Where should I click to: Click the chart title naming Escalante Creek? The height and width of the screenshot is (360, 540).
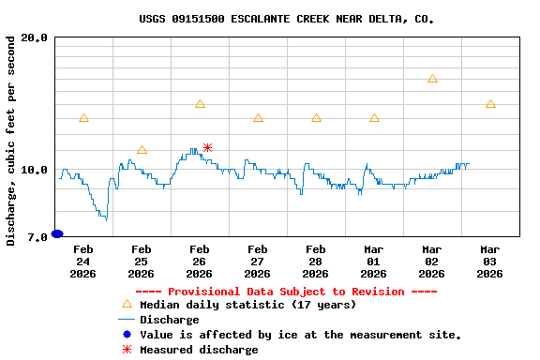[286, 19]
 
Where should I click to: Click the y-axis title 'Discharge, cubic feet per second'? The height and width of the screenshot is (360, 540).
[11, 142]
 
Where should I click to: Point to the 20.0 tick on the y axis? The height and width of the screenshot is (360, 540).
[35, 38]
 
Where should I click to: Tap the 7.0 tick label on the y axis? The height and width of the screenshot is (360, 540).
[37, 238]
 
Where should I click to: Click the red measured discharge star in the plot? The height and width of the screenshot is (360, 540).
[207, 147]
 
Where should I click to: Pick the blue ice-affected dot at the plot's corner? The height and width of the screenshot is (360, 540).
[57, 233]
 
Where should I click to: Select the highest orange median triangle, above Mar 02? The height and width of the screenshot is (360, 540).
[432, 79]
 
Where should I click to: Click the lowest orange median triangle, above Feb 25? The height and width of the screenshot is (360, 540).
[142, 150]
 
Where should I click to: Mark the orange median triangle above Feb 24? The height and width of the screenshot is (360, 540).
[83, 118]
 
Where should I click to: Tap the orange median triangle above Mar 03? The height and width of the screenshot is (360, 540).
[490, 104]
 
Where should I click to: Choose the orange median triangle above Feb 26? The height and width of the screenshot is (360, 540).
[200, 104]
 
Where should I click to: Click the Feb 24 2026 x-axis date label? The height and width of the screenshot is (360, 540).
[82, 262]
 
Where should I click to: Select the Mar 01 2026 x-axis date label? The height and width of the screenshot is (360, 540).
[373, 262]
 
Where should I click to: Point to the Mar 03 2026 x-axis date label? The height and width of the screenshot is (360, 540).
[489, 262]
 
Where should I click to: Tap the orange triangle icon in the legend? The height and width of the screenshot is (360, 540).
[127, 304]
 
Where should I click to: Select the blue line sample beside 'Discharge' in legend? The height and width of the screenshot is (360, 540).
[127, 320]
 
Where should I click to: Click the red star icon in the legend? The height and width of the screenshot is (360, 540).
[127, 350]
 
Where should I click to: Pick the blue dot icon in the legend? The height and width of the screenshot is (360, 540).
[127, 335]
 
